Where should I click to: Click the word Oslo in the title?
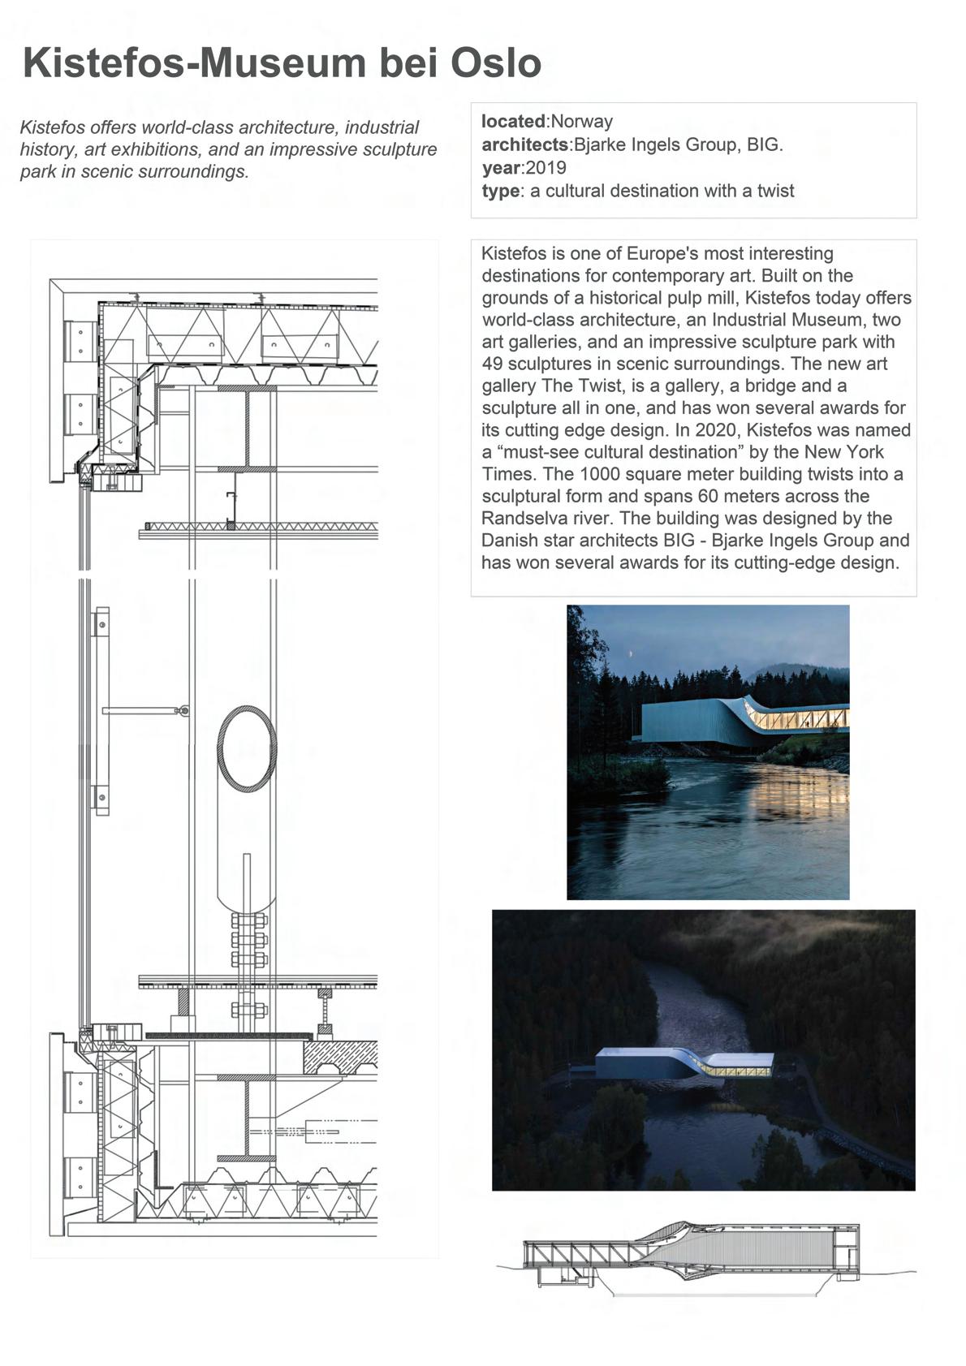coord(495,63)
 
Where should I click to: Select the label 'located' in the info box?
coord(513,122)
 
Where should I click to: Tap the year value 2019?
coord(546,168)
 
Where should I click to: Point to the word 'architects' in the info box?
coord(524,145)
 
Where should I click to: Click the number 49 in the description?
coord(492,364)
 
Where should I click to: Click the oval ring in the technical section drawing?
coord(247,748)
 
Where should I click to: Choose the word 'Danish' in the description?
coord(508,541)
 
